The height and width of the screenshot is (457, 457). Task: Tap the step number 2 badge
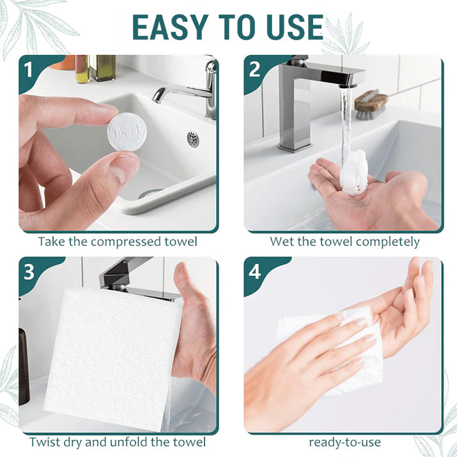254,70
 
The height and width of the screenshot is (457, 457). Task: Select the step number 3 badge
29,272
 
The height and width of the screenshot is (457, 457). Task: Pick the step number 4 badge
254,272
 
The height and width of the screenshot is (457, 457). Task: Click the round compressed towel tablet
127,132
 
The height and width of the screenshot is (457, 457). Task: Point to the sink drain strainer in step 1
193,139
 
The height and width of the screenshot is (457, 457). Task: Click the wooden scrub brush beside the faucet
371,104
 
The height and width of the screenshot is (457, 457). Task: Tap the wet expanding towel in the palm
353,172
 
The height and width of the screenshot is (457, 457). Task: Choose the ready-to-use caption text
345,442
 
